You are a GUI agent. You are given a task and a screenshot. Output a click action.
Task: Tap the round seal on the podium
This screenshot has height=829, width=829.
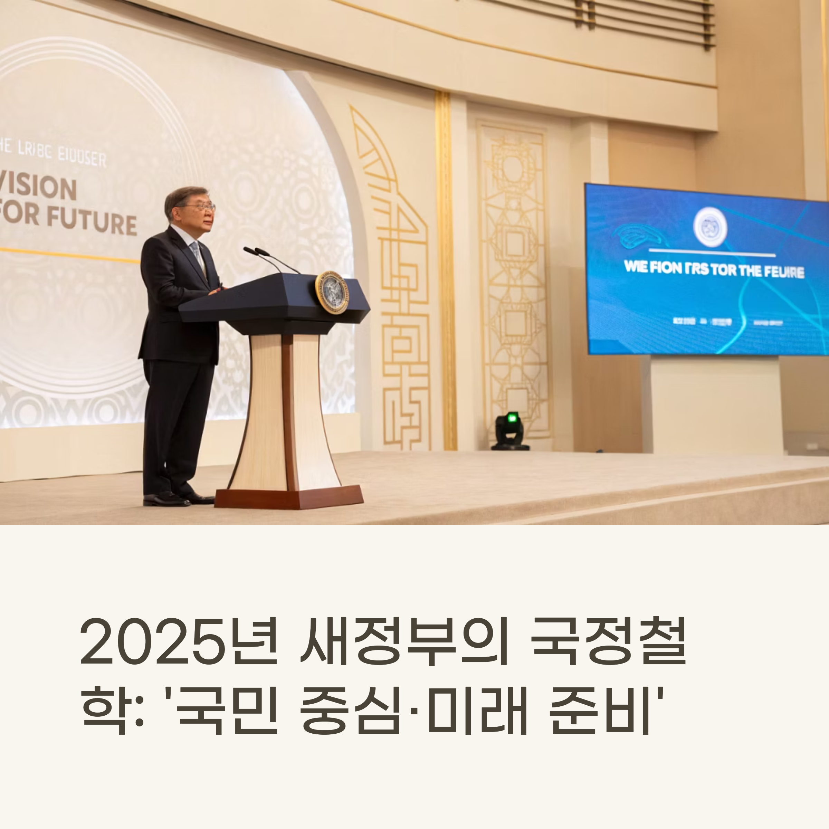click(x=332, y=293)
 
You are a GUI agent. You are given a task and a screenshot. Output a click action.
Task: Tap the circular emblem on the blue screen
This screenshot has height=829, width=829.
click(x=710, y=227)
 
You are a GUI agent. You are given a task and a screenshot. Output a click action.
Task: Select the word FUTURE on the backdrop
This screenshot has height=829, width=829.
click(x=92, y=223)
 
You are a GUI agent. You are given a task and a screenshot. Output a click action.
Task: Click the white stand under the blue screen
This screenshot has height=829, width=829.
click(x=714, y=403)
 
